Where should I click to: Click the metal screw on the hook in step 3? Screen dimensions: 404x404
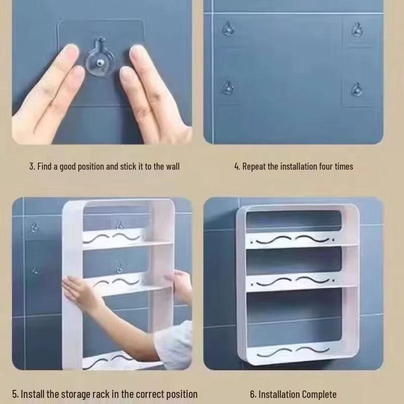point(99,63)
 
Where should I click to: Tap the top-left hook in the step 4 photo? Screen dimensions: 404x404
point(228,29)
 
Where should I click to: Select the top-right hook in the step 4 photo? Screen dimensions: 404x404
point(357,29)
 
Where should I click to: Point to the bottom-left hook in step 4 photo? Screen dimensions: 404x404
point(228,87)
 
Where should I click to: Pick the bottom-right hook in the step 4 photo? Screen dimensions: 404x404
point(357,90)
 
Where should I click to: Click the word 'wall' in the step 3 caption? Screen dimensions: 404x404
point(173,167)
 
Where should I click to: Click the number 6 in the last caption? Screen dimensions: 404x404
point(252,394)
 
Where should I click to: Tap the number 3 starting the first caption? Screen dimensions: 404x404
point(31,167)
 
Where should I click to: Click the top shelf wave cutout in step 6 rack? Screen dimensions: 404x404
point(292,239)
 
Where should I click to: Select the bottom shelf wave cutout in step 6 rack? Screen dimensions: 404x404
point(293,351)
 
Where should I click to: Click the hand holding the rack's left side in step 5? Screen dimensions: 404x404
point(77,290)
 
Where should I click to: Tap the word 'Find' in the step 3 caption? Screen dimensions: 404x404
point(44,167)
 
